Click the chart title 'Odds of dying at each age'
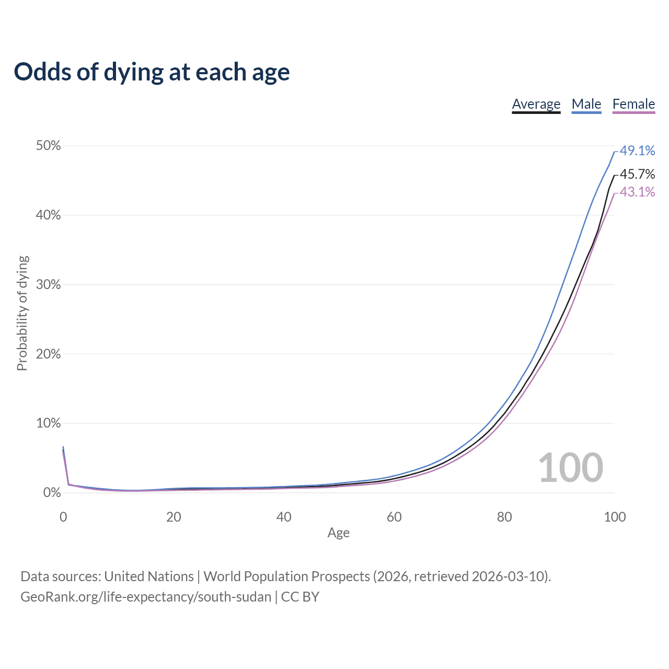pyautogui.click(x=152, y=72)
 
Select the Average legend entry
pyautogui.click(x=536, y=104)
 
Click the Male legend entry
pyautogui.click(x=586, y=104)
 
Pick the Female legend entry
pyautogui.click(x=633, y=104)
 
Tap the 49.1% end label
pyautogui.click(x=637, y=151)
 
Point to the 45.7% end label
pyautogui.click(x=637, y=174)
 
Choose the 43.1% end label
pyautogui.click(x=637, y=192)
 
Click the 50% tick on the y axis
pyautogui.click(x=48, y=146)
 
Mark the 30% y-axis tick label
pyautogui.click(x=48, y=285)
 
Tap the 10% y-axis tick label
pyautogui.click(x=48, y=423)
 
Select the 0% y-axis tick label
pyautogui.click(x=52, y=493)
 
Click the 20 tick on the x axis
pyautogui.click(x=174, y=517)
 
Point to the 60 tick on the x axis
pyautogui.click(x=394, y=517)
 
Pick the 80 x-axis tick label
pyautogui.click(x=504, y=517)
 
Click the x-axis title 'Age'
pyautogui.click(x=338, y=533)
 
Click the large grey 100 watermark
pyautogui.click(x=570, y=468)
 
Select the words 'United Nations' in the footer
pyautogui.click(x=149, y=576)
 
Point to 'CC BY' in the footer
pyautogui.click(x=300, y=597)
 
